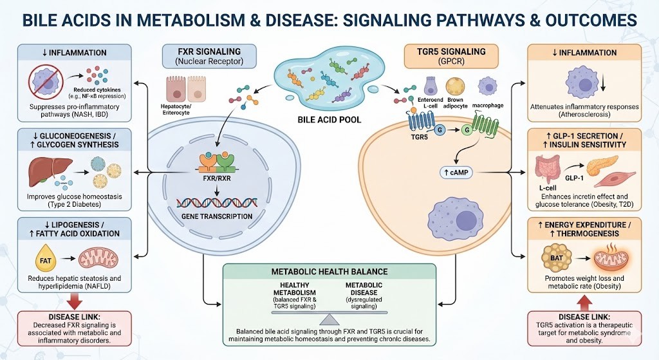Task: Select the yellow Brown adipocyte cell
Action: click(x=454, y=88)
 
